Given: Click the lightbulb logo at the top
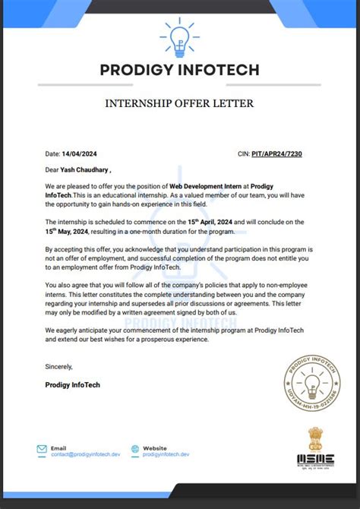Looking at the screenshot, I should pos(180,40).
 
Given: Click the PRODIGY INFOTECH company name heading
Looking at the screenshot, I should pos(180,71).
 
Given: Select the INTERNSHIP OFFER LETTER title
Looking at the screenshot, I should pos(180,103).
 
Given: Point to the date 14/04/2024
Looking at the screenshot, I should pos(80,153).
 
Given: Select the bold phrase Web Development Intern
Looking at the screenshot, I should pos(206,187).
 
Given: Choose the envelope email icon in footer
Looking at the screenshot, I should pos(42,450).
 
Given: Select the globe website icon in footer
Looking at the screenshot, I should pos(135,450).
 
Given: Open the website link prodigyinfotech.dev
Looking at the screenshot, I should pos(166,454).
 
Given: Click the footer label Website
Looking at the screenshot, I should pos(155,447).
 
